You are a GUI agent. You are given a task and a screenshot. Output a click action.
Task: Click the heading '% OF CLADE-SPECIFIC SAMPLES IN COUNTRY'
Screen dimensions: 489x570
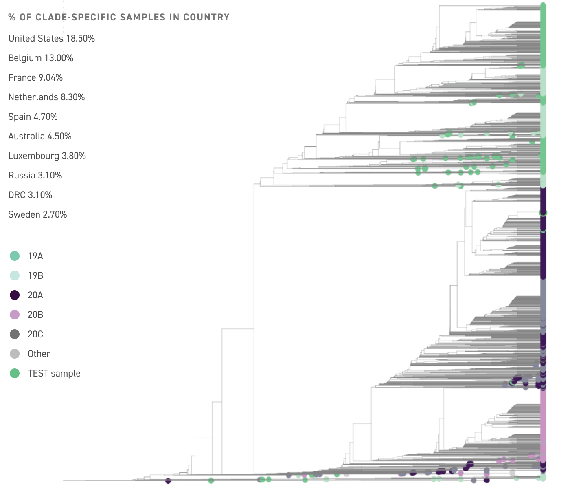pyautogui.click(x=118, y=17)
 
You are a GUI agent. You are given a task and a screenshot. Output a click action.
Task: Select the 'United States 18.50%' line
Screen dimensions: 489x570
pyautogui.click(x=52, y=38)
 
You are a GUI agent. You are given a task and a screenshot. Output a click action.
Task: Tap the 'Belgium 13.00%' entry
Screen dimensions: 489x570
pyautogui.click(x=41, y=58)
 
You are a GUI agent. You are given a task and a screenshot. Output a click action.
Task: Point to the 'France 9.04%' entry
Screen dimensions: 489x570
pyautogui.click(x=35, y=77)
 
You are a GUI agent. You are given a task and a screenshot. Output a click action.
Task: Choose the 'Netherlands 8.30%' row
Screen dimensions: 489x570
pyautogui.click(x=46, y=97)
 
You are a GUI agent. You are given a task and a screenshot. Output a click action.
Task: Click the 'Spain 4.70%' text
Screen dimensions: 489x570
pyautogui.click(x=33, y=117)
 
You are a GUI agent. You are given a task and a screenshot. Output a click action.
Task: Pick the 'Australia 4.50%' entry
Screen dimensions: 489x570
pyautogui.click(x=40, y=136)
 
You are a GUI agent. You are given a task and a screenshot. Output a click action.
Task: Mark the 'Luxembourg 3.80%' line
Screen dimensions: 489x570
pyautogui.click(x=47, y=156)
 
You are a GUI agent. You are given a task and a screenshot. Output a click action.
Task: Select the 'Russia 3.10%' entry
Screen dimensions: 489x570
pyautogui.click(x=35, y=175)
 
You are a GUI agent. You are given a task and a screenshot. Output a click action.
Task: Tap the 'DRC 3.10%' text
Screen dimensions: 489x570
pyautogui.click(x=30, y=195)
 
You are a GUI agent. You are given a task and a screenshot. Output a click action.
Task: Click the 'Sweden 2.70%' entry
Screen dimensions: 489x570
pyautogui.click(x=37, y=214)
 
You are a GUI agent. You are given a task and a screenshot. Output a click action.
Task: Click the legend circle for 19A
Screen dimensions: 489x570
pyautogui.click(x=15, y=256)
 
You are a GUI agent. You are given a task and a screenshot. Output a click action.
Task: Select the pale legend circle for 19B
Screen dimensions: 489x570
pyautogui.click(x=15, y=275)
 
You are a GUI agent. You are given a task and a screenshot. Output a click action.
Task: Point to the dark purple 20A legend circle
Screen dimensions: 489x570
pyautogui.click(x=15, y=295)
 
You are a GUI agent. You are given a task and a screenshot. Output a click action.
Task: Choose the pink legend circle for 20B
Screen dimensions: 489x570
pyautogui.click(x=15, y=315)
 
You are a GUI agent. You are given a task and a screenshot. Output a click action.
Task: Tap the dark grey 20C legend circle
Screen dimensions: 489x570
pyautogui.click(x=15, y=334)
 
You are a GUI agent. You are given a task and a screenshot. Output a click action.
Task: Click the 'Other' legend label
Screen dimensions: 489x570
pyautogui.click(x=39, y=354)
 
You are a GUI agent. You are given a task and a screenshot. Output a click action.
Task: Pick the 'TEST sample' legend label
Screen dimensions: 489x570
pyautogui.click(x=54, y=373)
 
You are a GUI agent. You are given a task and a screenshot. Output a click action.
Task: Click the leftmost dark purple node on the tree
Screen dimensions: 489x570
pyautogui.click(x=168, y=481)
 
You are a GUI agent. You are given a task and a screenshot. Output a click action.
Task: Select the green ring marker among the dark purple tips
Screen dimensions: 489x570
pyautogui.click(x=543, y=213)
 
